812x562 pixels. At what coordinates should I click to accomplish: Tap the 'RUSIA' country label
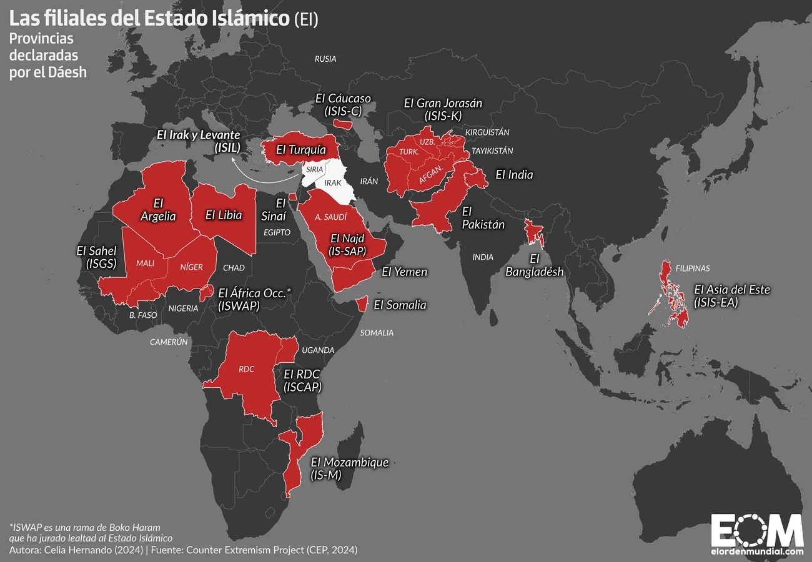click(325, 59)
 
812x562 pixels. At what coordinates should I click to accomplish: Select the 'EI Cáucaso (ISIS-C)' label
click(343, 104)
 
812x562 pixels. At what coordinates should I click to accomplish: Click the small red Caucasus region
click(343, 124)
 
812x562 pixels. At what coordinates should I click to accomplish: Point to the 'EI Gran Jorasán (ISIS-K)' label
click(443, 109)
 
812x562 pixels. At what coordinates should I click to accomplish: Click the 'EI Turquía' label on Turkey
click(300, 150)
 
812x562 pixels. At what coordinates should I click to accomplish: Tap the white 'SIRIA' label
click(314, 169)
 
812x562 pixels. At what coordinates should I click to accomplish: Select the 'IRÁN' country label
click(369, 181)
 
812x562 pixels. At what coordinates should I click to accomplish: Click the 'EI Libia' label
click(224, 215)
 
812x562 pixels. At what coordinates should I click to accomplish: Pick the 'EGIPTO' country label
click(277, 232)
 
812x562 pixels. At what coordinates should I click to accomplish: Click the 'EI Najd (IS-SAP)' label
click(347, 244)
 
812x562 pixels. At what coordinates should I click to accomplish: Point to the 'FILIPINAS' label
click(693, 269)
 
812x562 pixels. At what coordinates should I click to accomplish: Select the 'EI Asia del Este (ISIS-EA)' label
click(732, 296)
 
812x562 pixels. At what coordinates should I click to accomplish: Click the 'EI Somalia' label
click(400, 305)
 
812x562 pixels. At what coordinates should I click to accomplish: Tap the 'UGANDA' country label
click(319, 350)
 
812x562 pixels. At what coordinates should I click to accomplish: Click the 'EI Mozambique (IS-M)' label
click(349, 468)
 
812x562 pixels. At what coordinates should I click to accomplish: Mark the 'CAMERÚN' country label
click(169, 342)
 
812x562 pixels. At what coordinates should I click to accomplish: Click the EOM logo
click(757, 532)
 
